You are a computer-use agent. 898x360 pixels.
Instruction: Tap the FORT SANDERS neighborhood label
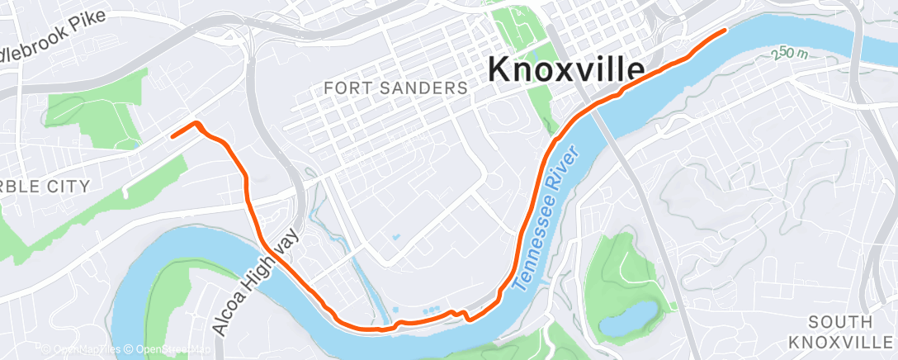coord(395,87)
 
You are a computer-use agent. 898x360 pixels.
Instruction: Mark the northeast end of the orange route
coord(725,31)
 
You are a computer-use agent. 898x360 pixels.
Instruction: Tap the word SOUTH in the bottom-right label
coord(840,322)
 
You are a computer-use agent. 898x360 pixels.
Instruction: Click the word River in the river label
coord(571,163)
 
